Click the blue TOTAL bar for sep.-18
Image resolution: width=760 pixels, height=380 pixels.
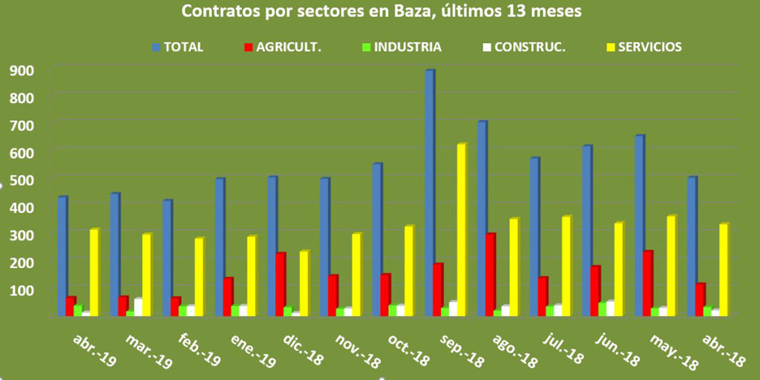(429, 193)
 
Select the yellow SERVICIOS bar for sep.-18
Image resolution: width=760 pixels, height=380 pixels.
(461, 230)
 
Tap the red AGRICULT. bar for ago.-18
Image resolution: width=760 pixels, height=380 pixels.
(490, 275)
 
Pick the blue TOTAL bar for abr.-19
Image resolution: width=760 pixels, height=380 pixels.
(62, 256)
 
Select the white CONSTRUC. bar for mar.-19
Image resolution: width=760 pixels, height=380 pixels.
(138, 307)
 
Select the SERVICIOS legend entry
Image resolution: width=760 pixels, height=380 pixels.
(649, 47)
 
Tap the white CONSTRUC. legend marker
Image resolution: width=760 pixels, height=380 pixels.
(486, 47)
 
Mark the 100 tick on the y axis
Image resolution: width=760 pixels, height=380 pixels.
(24, 289)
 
